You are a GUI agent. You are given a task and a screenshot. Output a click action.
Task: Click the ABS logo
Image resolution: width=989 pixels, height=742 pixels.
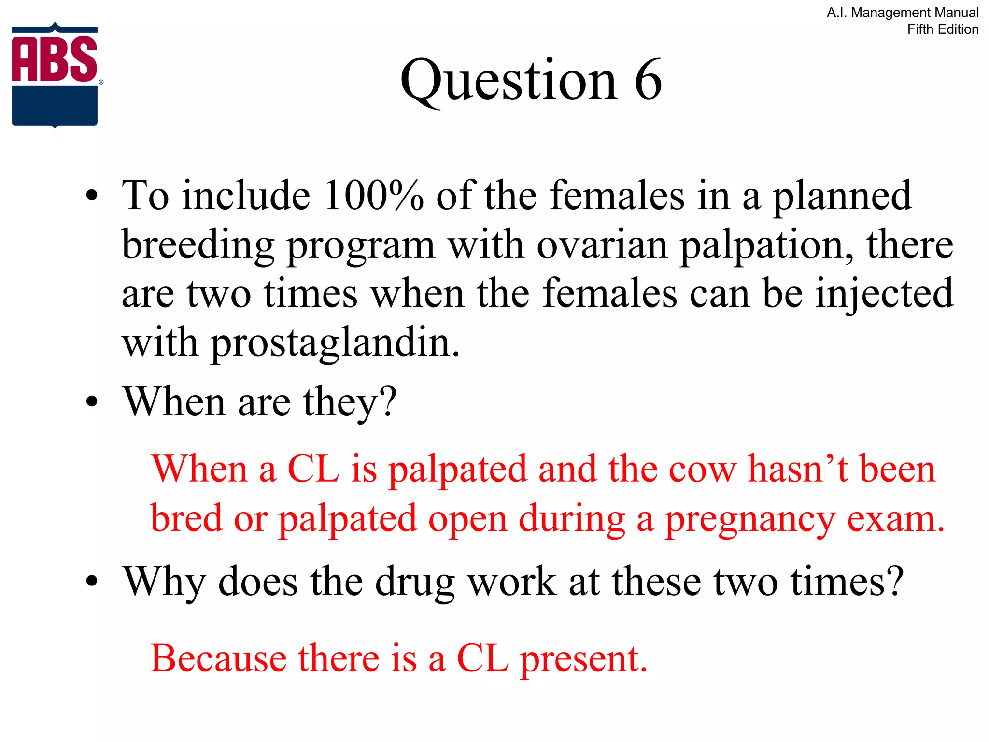tap(55, 75)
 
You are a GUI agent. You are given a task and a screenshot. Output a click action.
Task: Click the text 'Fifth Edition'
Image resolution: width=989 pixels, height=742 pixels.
tap(942, 29)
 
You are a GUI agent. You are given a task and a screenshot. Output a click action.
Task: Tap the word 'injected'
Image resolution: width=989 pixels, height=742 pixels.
tap(884, 294)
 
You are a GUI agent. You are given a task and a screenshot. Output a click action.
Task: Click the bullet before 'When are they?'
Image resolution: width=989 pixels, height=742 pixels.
tap(92, 402)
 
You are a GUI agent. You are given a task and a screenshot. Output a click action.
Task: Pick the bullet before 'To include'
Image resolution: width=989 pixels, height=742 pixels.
tap(92, 196)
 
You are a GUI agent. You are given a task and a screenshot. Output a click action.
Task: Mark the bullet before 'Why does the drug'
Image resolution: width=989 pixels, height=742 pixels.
tap(92, 581)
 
